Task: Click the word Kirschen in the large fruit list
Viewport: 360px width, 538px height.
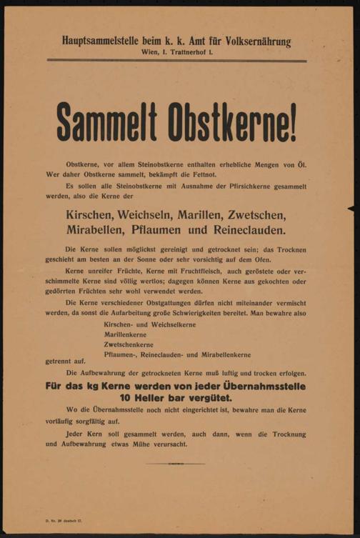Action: (91, 216)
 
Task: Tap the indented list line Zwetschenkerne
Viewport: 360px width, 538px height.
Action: (132, 343)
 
